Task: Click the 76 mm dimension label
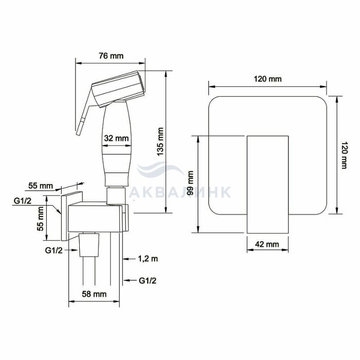111,56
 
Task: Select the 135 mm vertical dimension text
160,141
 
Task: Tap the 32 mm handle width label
116,138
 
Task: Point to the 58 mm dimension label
94,294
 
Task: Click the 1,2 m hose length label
148,259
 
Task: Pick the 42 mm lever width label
267,244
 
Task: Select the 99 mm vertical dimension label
190,183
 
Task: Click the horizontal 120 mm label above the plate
267,79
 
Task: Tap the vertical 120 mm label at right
344,155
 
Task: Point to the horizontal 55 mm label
41,186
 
